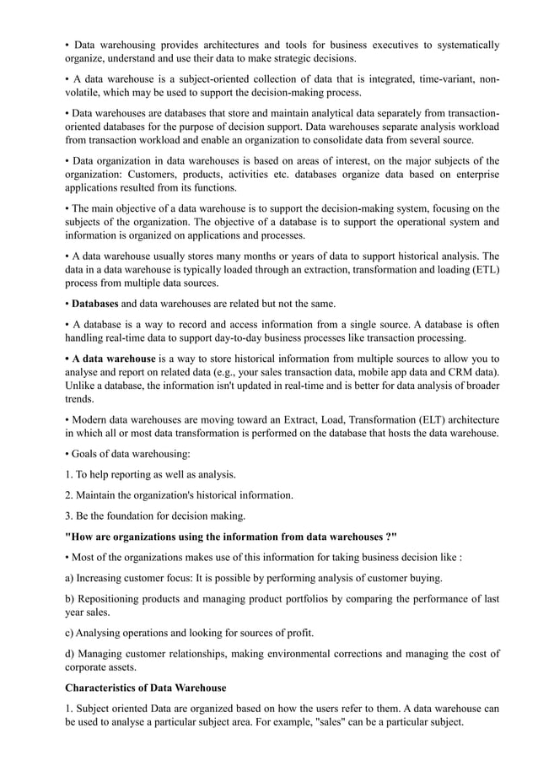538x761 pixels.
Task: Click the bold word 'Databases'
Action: [95, 303]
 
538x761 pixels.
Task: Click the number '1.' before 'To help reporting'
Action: [70, 474]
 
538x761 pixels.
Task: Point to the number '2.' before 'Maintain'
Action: [70, 495]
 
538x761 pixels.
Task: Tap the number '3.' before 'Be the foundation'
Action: [70, 516]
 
